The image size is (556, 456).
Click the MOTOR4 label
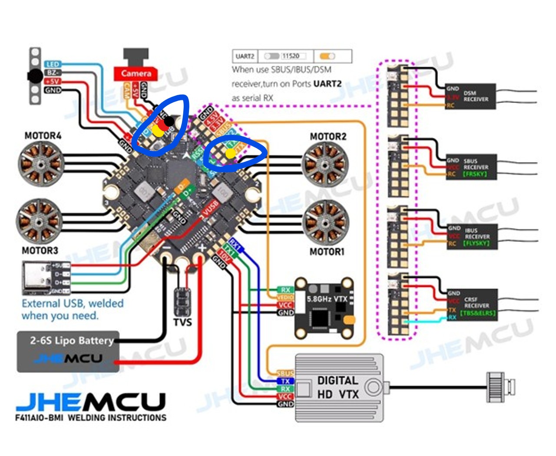coord(43,136)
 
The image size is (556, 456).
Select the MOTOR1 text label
coord(327,252)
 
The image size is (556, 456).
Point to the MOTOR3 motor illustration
coord(40,221)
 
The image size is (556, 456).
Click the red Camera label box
coord(136,73)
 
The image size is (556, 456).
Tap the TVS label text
coord(182,322)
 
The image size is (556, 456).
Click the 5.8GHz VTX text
coord(327,299)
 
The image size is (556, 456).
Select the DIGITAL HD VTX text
coord(338,387)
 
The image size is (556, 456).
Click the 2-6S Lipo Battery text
coord(72,340)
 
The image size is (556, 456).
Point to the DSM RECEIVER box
coord(470,96)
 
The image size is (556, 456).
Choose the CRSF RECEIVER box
coord(473,305)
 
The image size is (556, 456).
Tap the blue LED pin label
coord(53,64)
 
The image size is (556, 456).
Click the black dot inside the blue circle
coord(169,121)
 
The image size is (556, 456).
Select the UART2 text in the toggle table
coord(245,56)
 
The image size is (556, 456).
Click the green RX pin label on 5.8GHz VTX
coord(285,290)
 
